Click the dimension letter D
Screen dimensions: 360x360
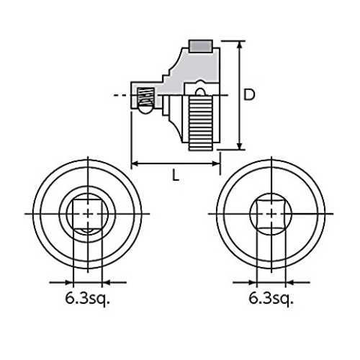(249, 94)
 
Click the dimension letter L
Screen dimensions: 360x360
(176, 176)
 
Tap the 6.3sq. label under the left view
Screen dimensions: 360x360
(88, 300)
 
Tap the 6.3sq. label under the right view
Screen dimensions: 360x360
(271, 300)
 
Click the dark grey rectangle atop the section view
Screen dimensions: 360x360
(201, 46)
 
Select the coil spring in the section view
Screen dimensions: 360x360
(145, 96)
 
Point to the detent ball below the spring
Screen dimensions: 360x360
(145, 109)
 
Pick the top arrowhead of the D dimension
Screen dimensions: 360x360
(239, 45)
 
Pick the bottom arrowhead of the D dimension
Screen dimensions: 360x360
(239, 145)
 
